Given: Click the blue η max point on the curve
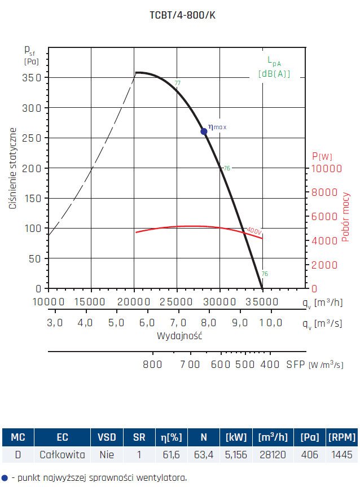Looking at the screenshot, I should pyautogui.click(x=204, y=131).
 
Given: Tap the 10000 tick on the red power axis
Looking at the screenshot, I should pyautogui.click(x=327, y=168).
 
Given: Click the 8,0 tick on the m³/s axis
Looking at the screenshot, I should pyautogui.click(x=209, y=323).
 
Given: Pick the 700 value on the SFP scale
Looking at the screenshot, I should pyautogui.click(x=190, y=364).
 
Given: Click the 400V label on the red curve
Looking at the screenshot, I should pyautogui.click(x=254, y=231).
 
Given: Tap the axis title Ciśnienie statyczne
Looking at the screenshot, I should pyautogui.click(x=12, y=169).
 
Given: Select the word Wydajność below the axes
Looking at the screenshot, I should pyautogui.click(x=179, y=335).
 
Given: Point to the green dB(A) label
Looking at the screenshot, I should pyautogui.click(x=274, y=73).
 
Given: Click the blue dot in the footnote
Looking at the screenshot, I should pyautogui.click(x=5, y=477).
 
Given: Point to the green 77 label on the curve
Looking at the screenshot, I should pyautogui.click(x=178, y=84).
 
